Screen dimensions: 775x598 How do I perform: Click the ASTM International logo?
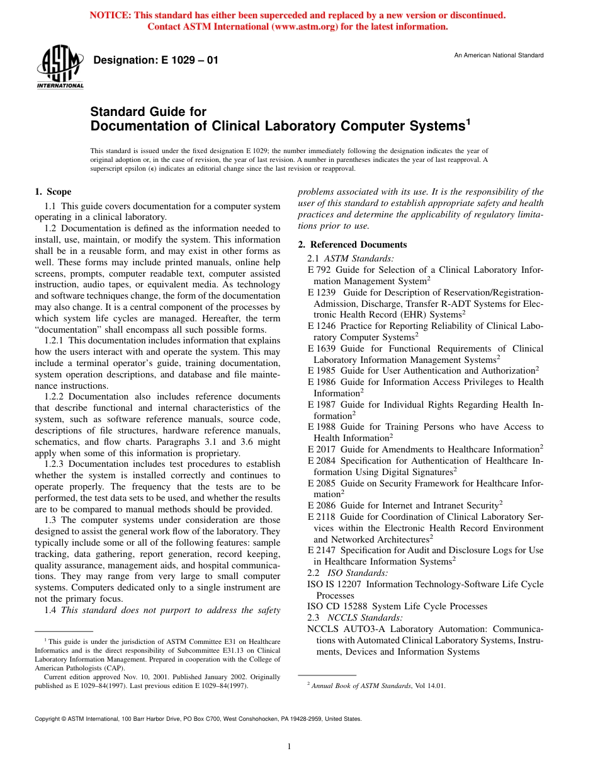pos(60,67)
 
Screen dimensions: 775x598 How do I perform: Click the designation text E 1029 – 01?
pos(155,60)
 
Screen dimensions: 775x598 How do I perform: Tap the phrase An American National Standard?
pos(499,55)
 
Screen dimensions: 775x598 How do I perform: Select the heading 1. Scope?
pos(53,192)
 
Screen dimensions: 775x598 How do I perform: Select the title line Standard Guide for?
pos(148,112)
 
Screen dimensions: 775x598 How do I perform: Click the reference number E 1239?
pos(322,292)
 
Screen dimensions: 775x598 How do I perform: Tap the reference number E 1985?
pos(322,370)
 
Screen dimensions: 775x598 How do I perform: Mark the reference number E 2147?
pos(322,550)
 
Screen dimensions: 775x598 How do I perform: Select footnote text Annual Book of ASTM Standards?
pos(360,686)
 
